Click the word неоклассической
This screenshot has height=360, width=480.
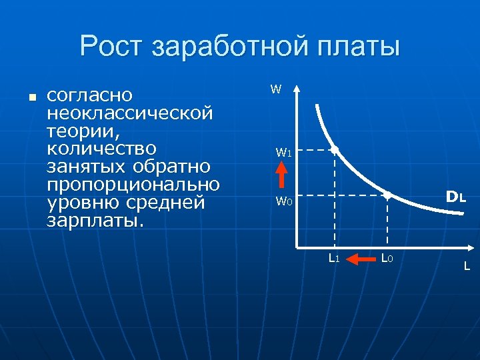tap(130, 114)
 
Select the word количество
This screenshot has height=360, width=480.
tap(101, 149)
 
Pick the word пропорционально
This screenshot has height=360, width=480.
tap(133, 185)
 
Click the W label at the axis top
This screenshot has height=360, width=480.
tap(275, 89)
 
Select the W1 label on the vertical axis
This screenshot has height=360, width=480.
tap(283, 153)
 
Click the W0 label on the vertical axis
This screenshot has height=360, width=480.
tap(283, 201)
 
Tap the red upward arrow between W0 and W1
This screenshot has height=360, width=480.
tap(282, 177)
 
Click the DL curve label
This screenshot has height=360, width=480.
tap(456, 197)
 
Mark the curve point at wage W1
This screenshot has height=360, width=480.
tap(335, 151)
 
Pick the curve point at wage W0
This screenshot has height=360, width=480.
tap(387, 195)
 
